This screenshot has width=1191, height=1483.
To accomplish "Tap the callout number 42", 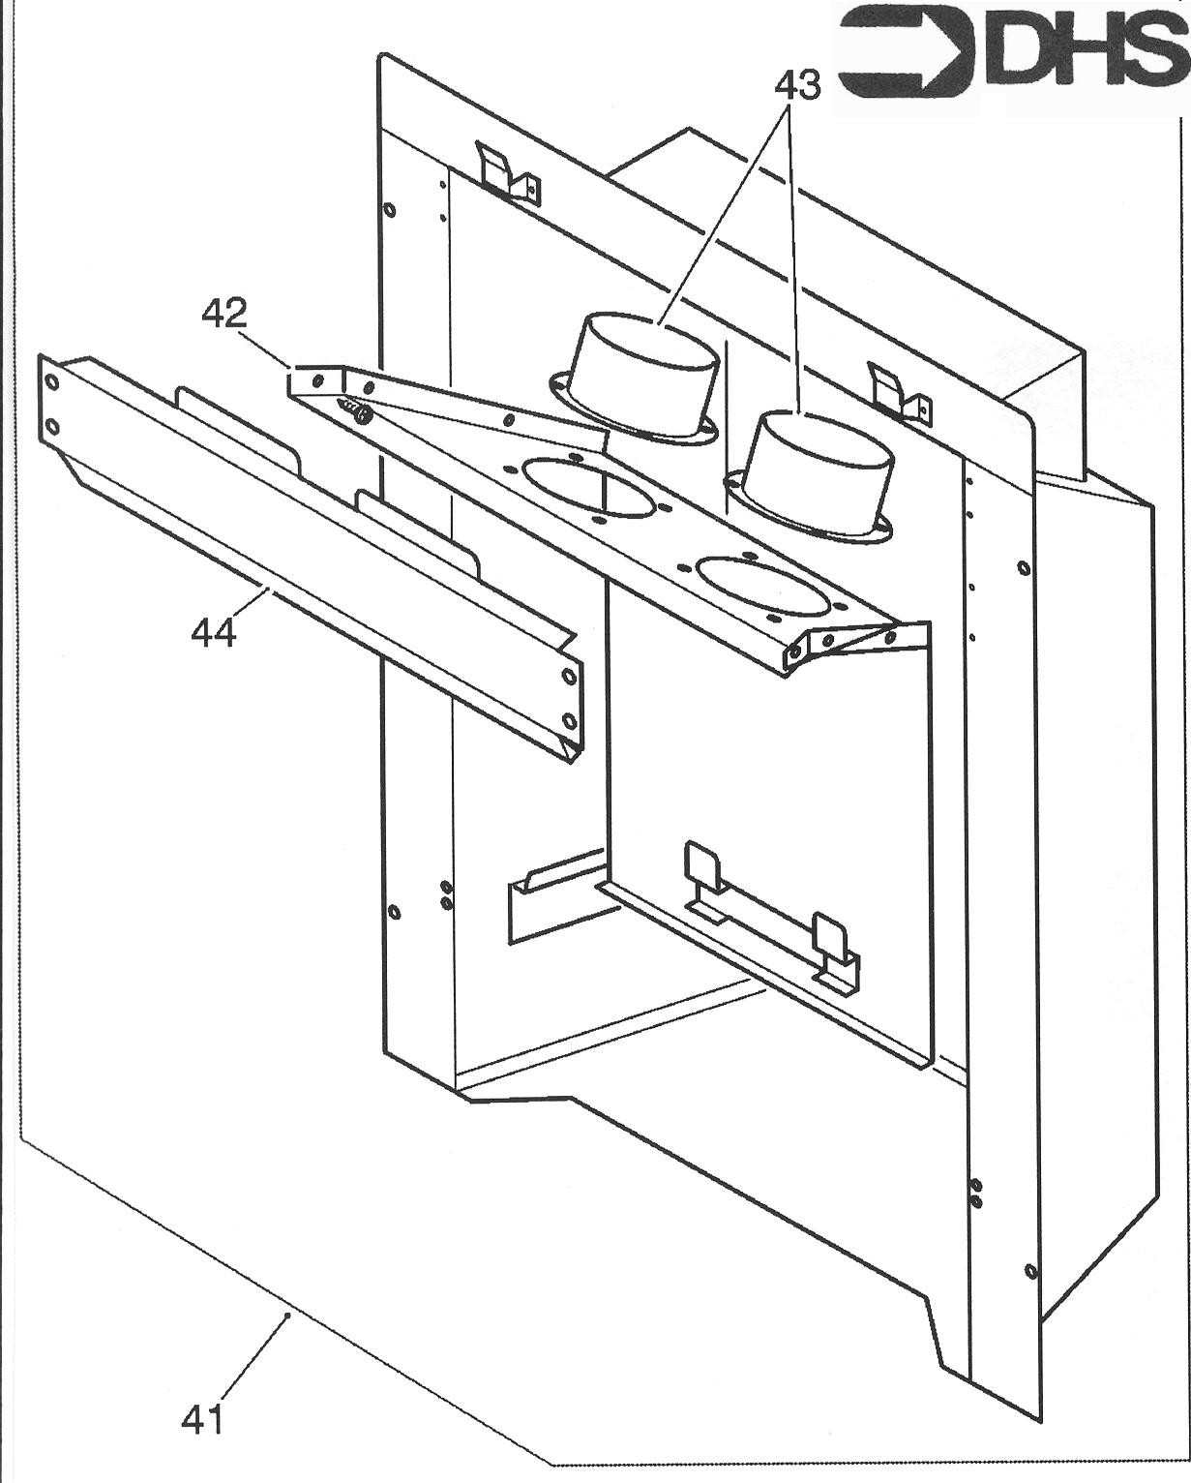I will pos(224,313).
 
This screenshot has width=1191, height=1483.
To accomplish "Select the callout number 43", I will pos(797,85).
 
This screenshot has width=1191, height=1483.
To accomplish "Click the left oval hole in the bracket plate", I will pos(576,479).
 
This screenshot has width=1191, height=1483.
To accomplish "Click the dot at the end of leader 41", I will pos(288,1315).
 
